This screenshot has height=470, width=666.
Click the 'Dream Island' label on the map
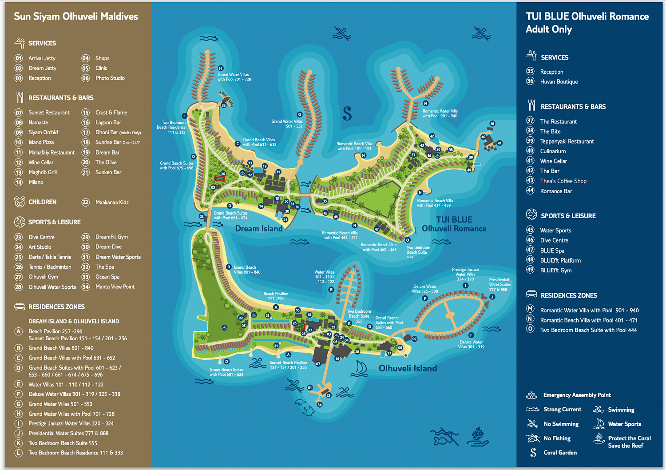(258, 229)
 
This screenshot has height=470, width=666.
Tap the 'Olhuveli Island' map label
(408, 368)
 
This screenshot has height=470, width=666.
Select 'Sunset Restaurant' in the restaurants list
(49, 113)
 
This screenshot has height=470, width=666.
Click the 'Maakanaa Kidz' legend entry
(112, 203)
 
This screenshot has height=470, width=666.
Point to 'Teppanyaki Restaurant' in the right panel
(567, 142)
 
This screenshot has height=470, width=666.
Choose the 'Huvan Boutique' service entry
(559, 82)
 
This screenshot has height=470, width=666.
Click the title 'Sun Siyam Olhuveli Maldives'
(76, 16)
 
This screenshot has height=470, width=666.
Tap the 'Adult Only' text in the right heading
(549, 29)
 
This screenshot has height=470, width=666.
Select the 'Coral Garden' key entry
(560, 453)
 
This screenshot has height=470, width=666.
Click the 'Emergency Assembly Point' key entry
(577, 395)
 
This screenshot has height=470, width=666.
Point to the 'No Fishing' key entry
(557, 438)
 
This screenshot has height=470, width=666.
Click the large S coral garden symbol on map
(347, 114)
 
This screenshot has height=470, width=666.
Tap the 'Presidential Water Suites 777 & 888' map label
(499, 285)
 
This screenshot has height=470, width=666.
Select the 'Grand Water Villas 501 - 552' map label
(287, 124)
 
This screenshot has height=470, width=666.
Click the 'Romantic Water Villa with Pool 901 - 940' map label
(440, 114)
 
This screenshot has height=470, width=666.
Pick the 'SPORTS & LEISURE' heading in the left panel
(54, 222)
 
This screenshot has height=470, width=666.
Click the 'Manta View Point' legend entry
(115, 287)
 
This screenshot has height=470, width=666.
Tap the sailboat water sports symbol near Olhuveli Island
(361, 368)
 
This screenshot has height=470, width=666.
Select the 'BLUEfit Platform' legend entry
(560, 261)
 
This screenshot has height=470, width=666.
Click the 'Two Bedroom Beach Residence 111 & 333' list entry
(75, 453)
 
